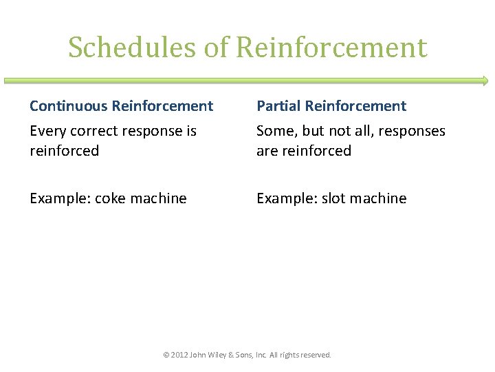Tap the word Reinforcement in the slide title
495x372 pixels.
click(331, 48)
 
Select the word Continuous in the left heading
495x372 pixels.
click(69, 106)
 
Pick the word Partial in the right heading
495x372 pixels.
click(278, 106)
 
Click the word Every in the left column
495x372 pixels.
click(46, 131)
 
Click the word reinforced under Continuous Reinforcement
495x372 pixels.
click(64, 151)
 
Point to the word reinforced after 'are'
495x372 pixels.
click(317, 151)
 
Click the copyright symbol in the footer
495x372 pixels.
click(166, 355)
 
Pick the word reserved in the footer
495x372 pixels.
click(316, 355)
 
